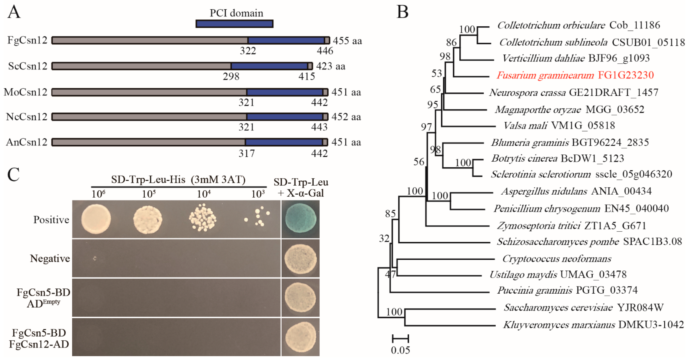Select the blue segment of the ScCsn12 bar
[x=269, y=66]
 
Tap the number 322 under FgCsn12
[x=248, y=51]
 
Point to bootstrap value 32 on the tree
[x=384, y=238]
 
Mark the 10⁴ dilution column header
[x=204, y=194]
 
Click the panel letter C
[x=13, y=175]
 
